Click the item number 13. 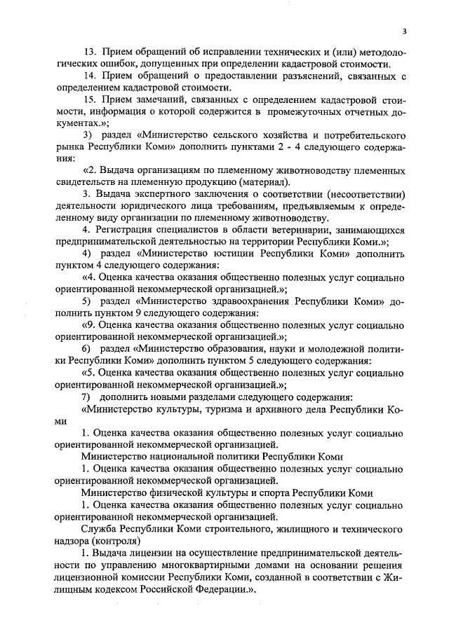(x=89, y=53)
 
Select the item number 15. (x=89, y=99)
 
